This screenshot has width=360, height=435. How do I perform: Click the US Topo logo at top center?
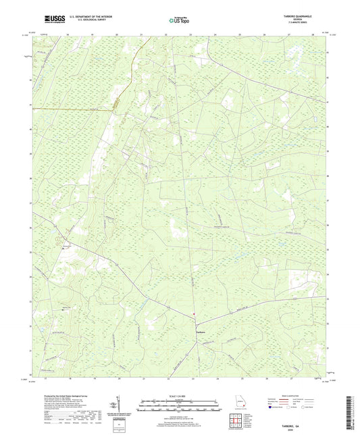point(179,21)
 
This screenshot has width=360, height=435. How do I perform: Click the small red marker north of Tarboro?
point(194,312)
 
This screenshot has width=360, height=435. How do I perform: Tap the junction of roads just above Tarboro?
point(197,323)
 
